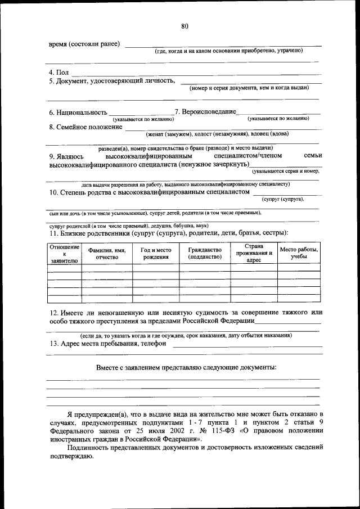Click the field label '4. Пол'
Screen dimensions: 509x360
click(x=58, y=73)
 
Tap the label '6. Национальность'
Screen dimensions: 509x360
click(x=78, y=112)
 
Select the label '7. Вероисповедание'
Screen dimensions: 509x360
click(x=205, y=112)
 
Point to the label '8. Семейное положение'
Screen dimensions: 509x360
click(x=85, y=127)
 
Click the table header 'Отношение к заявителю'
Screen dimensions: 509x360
click(x=64, y=254)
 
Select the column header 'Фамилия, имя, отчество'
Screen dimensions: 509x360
click(x=107, y=254)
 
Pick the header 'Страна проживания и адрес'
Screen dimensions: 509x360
click(x=254, y=254)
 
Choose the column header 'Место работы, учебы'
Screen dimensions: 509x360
click(x=299, y=254)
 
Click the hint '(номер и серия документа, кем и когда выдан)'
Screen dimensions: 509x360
click(x=249, y=88)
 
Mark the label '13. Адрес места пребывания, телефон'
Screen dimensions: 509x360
click(x=107, y=344)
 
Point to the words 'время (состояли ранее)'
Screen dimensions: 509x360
click(x=84, y=44)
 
